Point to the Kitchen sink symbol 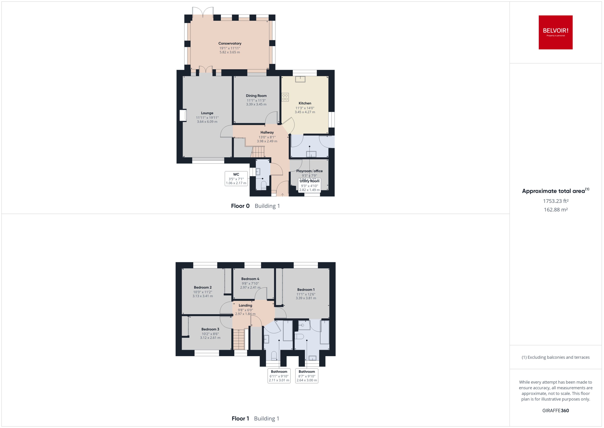tap(300, 79)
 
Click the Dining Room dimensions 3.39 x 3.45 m tap(256, 104)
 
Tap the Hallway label tap(267, 132)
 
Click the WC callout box tap(236, 179)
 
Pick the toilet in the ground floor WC tap(264, 185)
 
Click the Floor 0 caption tap(240, 206)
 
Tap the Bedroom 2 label tap(203, 287)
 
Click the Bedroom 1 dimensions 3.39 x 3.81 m tap(306, 298)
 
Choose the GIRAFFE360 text tap(555, 411)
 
